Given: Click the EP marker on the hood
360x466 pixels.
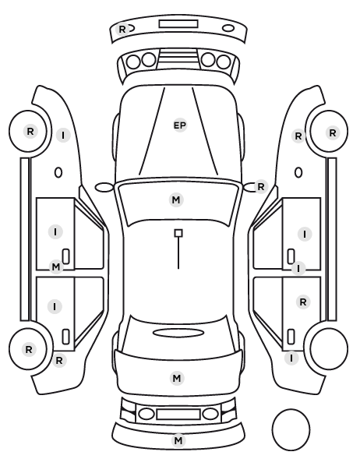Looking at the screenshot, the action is coord(180,125).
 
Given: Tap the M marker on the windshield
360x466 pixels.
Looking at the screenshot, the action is coord(176,199).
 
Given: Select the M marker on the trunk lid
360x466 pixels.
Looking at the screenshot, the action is coord(177,378).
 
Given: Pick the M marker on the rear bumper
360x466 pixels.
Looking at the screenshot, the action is coord(178,440).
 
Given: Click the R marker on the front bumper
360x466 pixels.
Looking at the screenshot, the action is coord(122,30).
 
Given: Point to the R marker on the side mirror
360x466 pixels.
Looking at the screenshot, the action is coord(261,187).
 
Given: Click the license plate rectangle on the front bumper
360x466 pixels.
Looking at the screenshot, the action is coord(178,24).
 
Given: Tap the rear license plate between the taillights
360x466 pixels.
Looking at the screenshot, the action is coord(178,414).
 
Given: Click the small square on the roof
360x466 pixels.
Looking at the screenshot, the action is coord(178,233).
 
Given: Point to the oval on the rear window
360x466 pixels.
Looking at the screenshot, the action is coord(178,333).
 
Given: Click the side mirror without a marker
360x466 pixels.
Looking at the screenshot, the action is coord(104,187).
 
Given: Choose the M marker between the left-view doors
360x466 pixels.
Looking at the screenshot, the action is coord(56,267).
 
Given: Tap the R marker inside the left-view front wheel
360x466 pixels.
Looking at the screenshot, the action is coord(30,131).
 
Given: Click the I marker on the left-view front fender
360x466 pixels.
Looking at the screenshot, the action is coord(63,136).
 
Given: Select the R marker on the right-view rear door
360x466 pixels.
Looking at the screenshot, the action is coord(303,302).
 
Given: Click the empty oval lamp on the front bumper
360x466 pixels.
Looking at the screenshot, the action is coord(228,28).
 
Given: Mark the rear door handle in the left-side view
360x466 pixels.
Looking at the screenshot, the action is coord(65,337).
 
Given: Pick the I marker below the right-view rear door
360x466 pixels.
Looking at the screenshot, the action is coord(291,358).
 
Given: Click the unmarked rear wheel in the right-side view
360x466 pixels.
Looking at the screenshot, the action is coord(329,330).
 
